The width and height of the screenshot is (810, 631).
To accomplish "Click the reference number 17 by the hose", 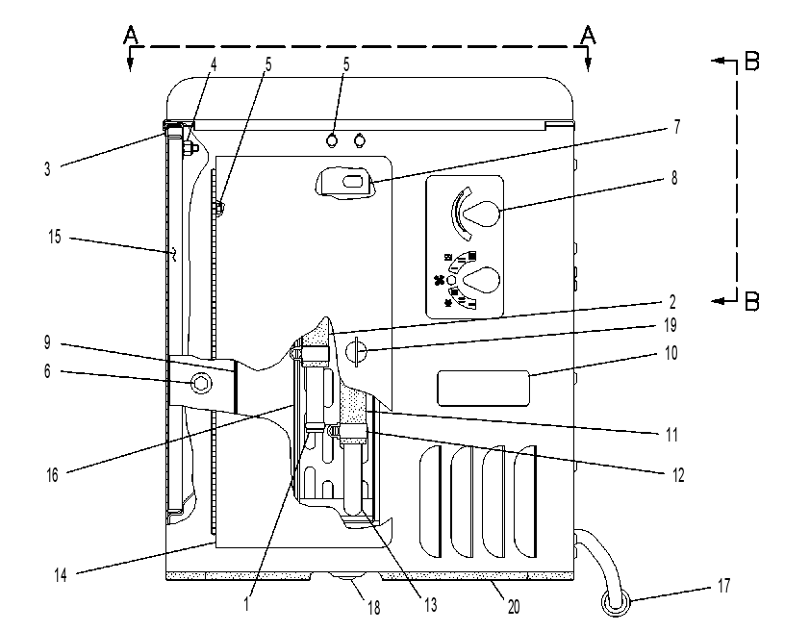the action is click(x=723, y=586).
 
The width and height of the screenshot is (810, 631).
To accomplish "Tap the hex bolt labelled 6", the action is click(x=200, y=383).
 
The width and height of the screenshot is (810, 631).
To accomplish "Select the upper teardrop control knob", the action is click(x=481, y=213).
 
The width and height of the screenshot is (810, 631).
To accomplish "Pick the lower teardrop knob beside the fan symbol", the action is click(x=481, y=279).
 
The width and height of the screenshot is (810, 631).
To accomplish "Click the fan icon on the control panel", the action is click(x=439, y=280).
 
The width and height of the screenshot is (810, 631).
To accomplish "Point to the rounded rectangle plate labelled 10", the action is click(x=484, y=389).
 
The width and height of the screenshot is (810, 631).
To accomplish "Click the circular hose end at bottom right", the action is click(x=616, y=602).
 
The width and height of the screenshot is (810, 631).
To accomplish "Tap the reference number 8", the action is click(x=674, y=178).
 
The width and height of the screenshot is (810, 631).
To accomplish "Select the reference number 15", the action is click(x=55, y=237).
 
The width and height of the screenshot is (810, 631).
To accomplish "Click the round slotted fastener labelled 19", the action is click(x=355, y=352).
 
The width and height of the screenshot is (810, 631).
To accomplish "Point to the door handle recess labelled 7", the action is click(x=344, y=182).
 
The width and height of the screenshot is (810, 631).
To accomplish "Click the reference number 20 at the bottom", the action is click(x=514, y=607).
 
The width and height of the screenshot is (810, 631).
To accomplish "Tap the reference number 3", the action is click(x=47, y=169).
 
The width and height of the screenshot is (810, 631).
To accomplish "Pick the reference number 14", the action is click(x=61, y=575).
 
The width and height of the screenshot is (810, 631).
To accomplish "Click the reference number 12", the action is click(x=678, y=474).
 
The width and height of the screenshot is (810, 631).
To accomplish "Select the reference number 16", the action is click(x=52, y=475).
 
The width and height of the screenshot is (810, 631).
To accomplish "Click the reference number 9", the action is click(x=47, y=342).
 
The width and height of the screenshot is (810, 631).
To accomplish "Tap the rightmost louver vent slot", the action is click(x=526, y=501).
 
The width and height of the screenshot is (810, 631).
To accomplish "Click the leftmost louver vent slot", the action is click(x=431, y=501).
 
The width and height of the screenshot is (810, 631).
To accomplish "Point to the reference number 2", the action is click(x=672, y=302).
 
